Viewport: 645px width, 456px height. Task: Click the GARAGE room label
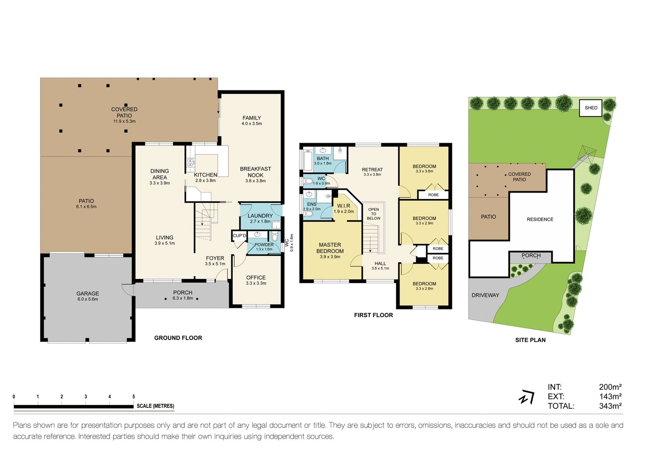tap(88, 294)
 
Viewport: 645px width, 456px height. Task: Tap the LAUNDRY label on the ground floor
tap(260, 216)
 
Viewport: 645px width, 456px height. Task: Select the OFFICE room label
tap(256, 278)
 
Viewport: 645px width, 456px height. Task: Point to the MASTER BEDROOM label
tap(330, 248)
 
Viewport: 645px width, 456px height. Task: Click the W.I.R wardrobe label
tap(344, 206)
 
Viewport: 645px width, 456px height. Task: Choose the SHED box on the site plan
tap(591, 108)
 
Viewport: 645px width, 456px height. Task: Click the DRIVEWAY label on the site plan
tap(485, 295)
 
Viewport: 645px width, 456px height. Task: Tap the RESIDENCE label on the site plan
tap(540, 219)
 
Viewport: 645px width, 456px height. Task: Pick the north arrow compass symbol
tap(527, 398)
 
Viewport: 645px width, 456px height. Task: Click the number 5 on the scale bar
tap(134, 397)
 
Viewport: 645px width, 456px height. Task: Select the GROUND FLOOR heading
tap(178, 338)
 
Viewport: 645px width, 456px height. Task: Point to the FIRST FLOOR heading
tap(373, 315)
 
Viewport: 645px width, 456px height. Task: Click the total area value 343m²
tap(610, 406)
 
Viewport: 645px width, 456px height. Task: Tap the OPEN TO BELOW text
tap(374, 214)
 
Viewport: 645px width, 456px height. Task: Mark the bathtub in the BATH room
tap(308, 160)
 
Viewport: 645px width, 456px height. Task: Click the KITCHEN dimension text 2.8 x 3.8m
tap(205, 181)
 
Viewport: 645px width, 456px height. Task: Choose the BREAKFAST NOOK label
tap(255, 172)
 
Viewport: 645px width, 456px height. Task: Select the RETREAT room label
tap(372, 169)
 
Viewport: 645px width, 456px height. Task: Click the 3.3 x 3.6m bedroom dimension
tap(424, 171)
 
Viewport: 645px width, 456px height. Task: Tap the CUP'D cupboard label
tap(239, 236)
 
